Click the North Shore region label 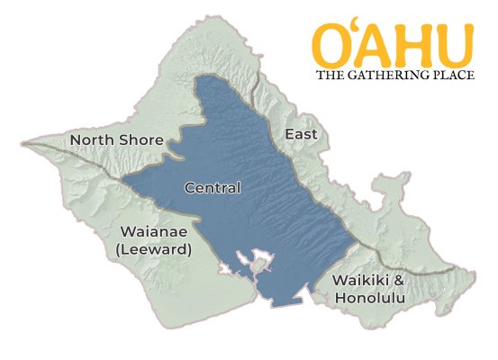pyautogui.click(x=117, y=140)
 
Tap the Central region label pyautogui.click(x=213, y=188)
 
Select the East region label pyautogui.click(x=300, y=134)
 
